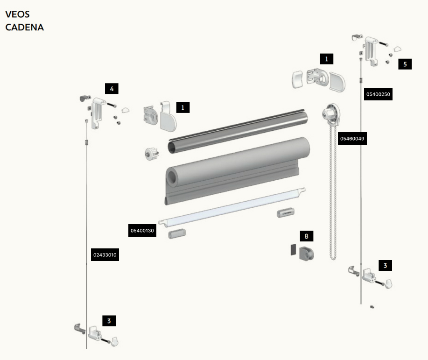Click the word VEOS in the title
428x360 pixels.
pyautogui.click(x=17, y=14)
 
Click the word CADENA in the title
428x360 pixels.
pyautogui.click(x=25, y=27)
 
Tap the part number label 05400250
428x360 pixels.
pyautogui.click(x=378, y=94)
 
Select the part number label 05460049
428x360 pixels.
pyautogui.click(x=352, y=139)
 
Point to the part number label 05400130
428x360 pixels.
pyautogui.click(x=142, y=231)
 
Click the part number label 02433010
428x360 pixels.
pyautogui.click(x=105, y=255)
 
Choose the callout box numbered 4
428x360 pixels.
pyautogui.click(x=112, y=89)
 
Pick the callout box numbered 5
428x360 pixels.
pyautogui.click(x=405, y=64)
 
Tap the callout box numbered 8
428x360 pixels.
pyautogui.click(x=307, y=236)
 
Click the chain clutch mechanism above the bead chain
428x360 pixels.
pyautogui.click(x=331, y=113)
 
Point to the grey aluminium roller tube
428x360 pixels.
pyautogui.click(x=238, y=131)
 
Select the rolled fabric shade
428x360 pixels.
pyautogui.click(x=238, y=171)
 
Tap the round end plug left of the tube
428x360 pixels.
pyautogui.click(x=152, y=154)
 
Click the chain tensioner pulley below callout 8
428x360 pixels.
pyautogui.click(x=306, y=253)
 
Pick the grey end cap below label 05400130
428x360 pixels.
pyautogui.click(x=177, y=234)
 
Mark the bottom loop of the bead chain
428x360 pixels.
pyautogui.click(x=333, y=257)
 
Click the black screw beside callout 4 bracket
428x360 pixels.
pyautogui.click(x=112, y=105)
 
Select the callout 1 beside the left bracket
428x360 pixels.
pyautogui.click(x=183, y=107)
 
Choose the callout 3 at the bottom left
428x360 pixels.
pyautogui.click(x=109, y=321)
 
